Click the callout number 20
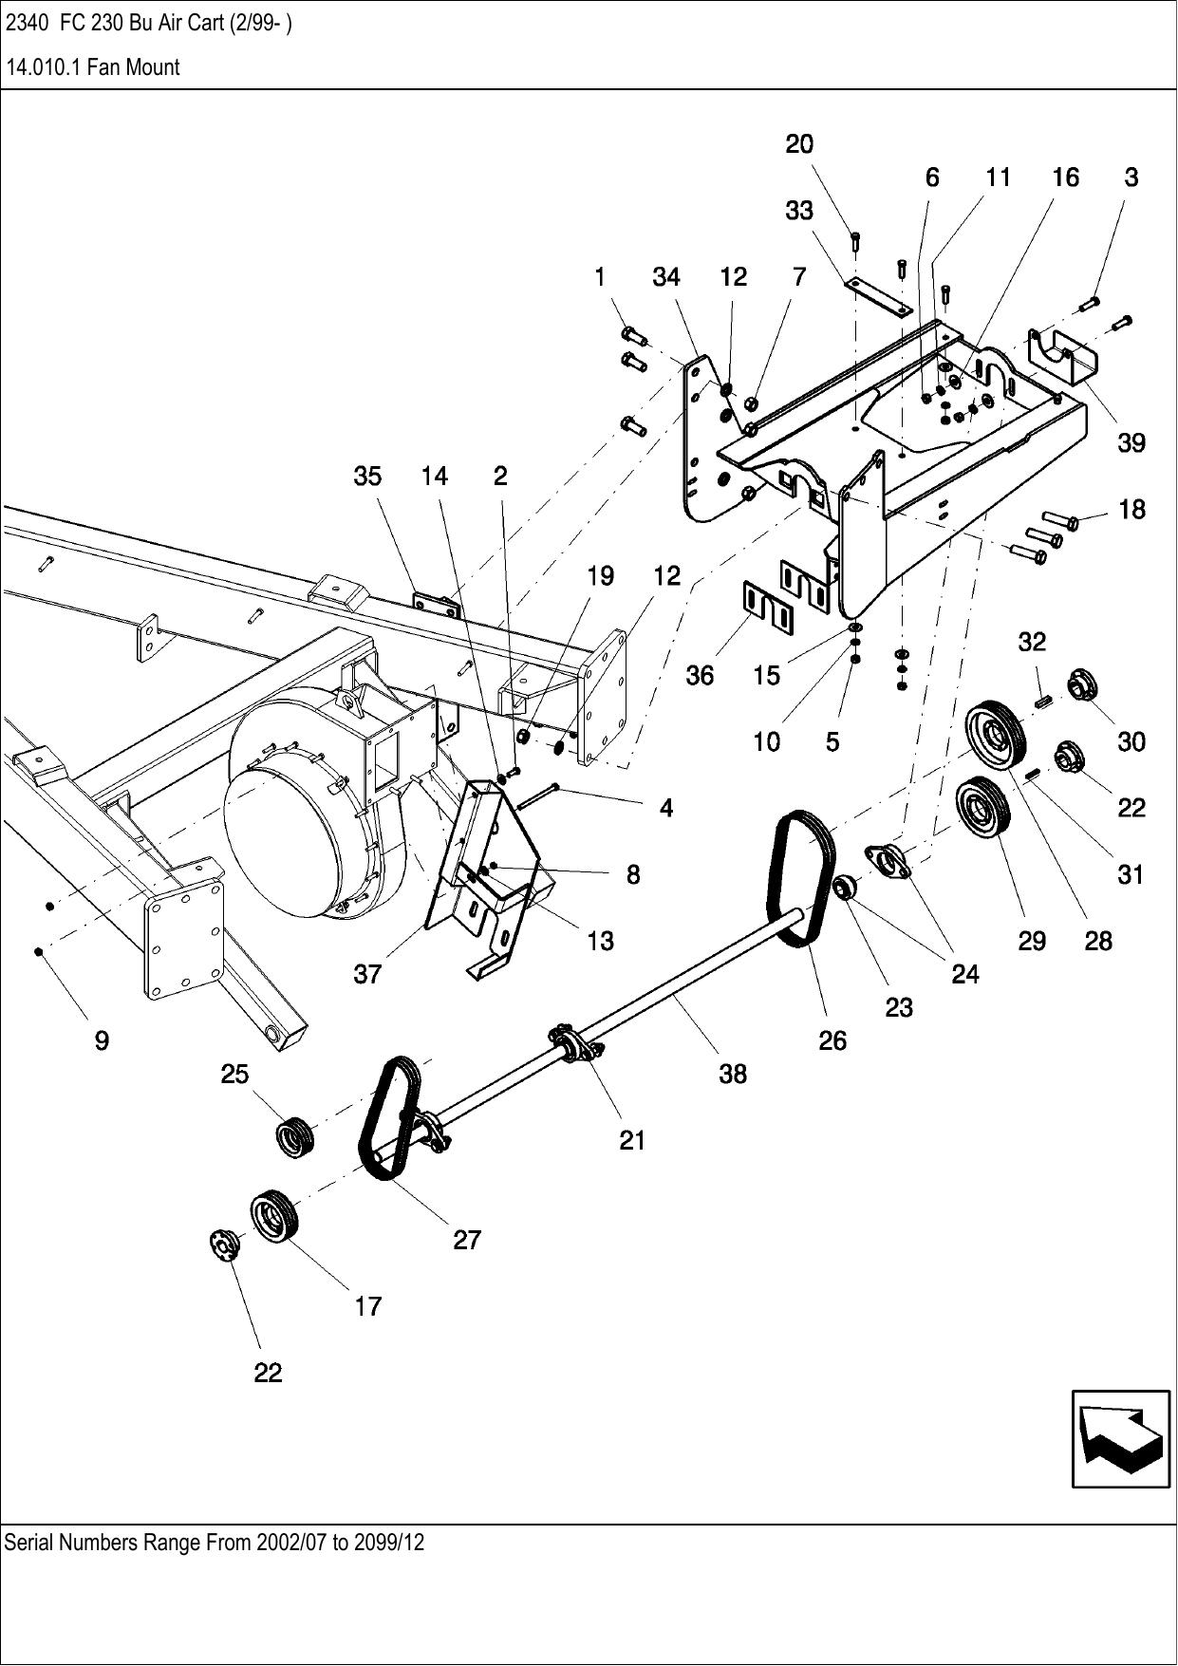(x=799, y=144)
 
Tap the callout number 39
(x=1131, y=443)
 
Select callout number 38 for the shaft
(x=733, y=1074)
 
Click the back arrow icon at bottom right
(x=1120, y=1438)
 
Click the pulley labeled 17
(x=274, y=1214)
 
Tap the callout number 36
(x=700, y=676)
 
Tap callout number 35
(x=367, y=477)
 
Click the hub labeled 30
(x=1081, y=683)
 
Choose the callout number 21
(x=632, y=1140)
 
